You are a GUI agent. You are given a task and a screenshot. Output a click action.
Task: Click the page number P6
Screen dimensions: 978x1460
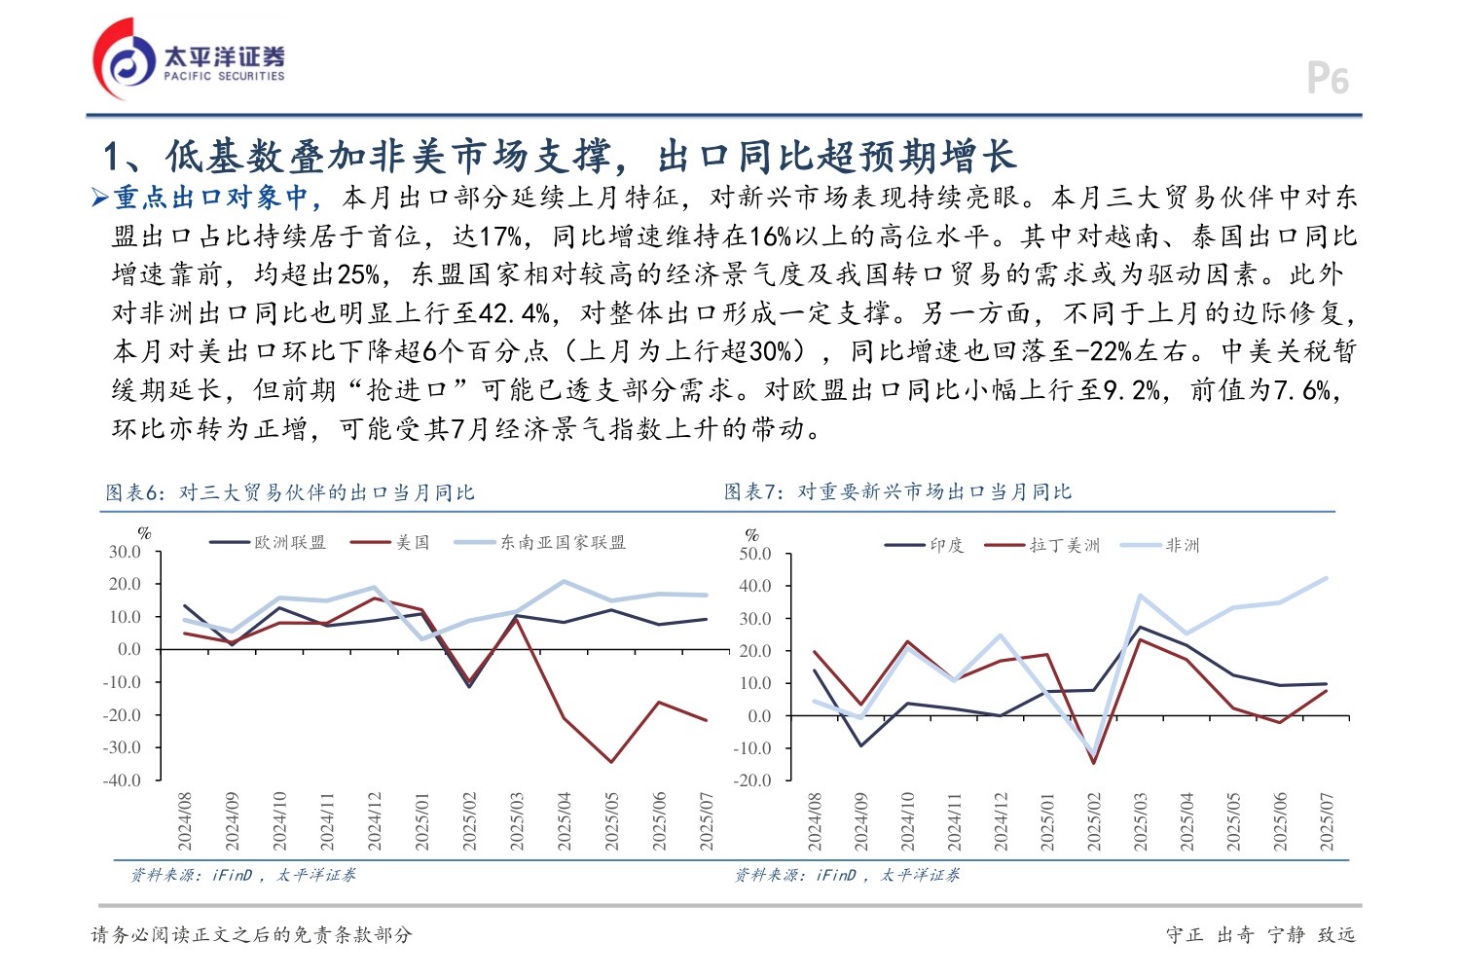pyautogui.click(x=1327, y=79)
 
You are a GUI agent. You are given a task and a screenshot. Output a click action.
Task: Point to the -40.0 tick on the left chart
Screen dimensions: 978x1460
pyautogui.click(x=122, y=780)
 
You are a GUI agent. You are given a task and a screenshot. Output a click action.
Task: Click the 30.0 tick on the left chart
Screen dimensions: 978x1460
pyautogui.click(x=125, y=552)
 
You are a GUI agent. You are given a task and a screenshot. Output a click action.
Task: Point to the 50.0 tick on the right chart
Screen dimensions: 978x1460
pyautogui.click(x=755, y=554)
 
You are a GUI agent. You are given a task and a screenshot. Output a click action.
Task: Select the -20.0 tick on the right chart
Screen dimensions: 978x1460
pyautogui.click(x=752, y=780)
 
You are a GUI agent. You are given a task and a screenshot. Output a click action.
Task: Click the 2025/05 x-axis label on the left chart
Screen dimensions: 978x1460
pyautogui.click(x=612, y=821)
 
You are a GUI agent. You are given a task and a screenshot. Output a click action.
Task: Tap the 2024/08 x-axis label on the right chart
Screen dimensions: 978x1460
pyautogui.click(x=815, y=821)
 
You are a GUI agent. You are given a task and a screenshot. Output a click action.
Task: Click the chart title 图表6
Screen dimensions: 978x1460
pyautogui.click(x=290, y=493)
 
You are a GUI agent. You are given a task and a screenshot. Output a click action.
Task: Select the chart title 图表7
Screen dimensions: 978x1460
pyautogui.click(x=897, y=492)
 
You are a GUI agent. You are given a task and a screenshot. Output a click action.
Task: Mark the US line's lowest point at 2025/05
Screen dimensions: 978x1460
pyautogui.click(x=611, y=762)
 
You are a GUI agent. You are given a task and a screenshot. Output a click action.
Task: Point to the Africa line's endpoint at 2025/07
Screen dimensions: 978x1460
pyautogui.click(x=1326, y=578)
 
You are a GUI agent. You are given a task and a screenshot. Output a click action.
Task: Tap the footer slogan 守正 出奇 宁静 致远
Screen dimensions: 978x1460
pyautogui.click(x=1260, y=935)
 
